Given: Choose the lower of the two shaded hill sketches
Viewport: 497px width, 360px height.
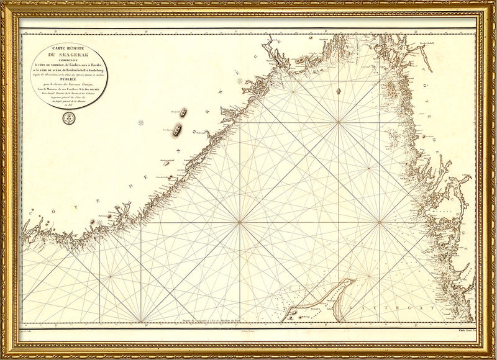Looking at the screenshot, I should (177, 130).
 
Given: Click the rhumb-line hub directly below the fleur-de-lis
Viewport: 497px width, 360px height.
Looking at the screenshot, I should (338, 122).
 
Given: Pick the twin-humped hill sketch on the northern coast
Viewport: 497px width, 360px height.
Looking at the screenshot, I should (301, 61).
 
